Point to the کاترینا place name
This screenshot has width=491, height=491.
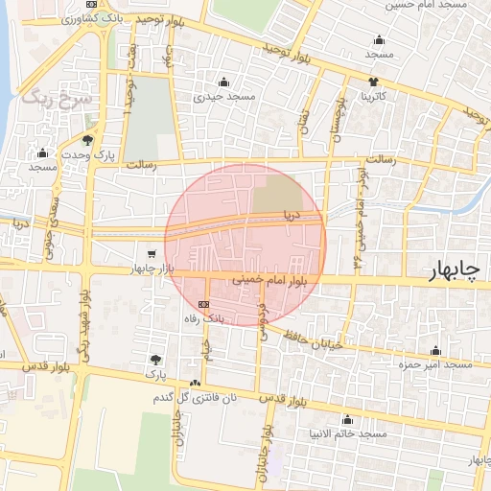pos(373,97)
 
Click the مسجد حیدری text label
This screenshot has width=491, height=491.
pos(223,96)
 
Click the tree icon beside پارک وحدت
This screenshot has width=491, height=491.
pos(88,140)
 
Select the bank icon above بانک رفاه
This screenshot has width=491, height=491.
pos(202,303)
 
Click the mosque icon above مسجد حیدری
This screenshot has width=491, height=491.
pos(223,82)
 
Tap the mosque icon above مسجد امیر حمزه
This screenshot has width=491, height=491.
pos(436,351)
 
